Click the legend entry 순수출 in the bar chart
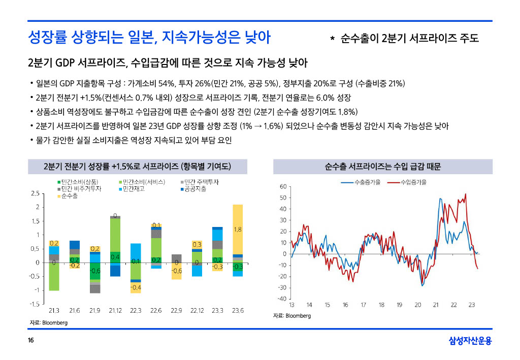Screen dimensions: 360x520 pos(69,196)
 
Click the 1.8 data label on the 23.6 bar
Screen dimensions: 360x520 pos(237,230)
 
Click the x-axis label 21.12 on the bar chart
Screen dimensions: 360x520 pos(115,310)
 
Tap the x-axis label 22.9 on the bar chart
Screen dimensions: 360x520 pos(176,310)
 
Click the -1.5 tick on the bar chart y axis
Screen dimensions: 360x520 pos(35,304)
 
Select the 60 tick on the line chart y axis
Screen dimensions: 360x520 pos(283,186)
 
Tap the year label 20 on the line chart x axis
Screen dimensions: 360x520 pos(417,305)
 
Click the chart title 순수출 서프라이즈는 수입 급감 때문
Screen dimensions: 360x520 pos(382,167)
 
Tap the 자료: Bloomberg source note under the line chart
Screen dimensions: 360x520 pos(292,316)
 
